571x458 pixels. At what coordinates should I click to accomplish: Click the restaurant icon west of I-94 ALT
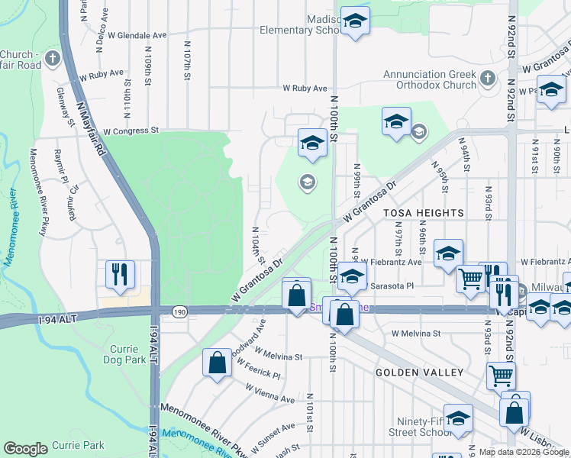121,275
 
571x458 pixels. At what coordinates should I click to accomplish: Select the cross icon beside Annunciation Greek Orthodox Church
487,79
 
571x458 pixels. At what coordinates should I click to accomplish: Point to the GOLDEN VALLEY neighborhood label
419,372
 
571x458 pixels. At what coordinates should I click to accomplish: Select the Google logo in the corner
25,448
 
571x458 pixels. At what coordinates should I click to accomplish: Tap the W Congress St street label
131,131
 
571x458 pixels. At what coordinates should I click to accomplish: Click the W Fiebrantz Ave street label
391,262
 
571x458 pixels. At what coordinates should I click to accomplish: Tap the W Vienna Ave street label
269,393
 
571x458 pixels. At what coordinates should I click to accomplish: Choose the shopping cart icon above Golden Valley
500,375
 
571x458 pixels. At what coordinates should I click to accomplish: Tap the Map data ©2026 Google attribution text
523,452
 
